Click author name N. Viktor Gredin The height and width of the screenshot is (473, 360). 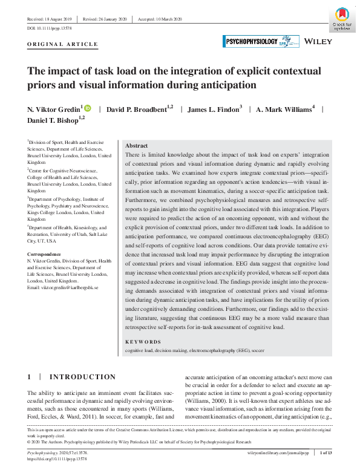(55, 109)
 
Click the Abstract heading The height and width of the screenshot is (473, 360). (136, 146)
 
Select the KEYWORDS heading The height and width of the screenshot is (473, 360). (143, 342)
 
